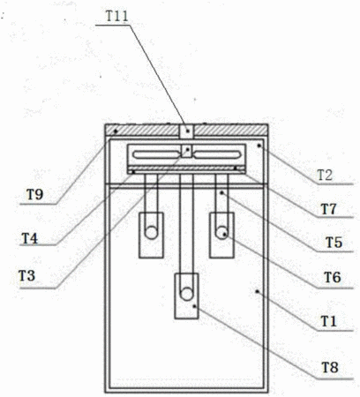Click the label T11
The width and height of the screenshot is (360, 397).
click(117, 16)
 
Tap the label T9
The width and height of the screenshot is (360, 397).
click(35, 194)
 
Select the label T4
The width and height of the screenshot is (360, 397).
click(30, 238)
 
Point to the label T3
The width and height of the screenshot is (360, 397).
click(26, 275)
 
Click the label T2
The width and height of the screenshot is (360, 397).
click(325, 176)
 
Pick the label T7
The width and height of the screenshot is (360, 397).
click(328, 209)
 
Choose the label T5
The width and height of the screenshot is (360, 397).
click(334, 243)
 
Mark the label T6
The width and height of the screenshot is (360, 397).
click(333, 277)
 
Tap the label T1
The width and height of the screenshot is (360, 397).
click(328, 321)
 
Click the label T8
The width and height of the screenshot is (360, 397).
click(330, 367)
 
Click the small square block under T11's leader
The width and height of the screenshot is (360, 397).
click(186, 131)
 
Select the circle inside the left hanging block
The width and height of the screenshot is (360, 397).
click(152, 233)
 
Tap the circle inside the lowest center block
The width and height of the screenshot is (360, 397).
click(186, 295)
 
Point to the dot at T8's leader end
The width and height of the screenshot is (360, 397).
click(194, 306)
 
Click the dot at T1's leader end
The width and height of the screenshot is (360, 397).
click(257, 291)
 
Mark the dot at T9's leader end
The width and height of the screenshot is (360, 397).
click(116, 131)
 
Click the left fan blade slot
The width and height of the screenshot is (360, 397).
click(156, 154)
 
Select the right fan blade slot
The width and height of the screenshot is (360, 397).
click(217, 154)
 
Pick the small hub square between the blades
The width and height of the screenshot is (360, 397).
click(186, 151)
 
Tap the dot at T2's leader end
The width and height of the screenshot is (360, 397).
click(259, 146)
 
